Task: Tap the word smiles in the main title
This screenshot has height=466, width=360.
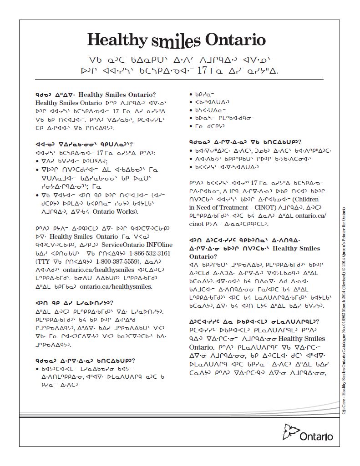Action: (175, 41)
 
